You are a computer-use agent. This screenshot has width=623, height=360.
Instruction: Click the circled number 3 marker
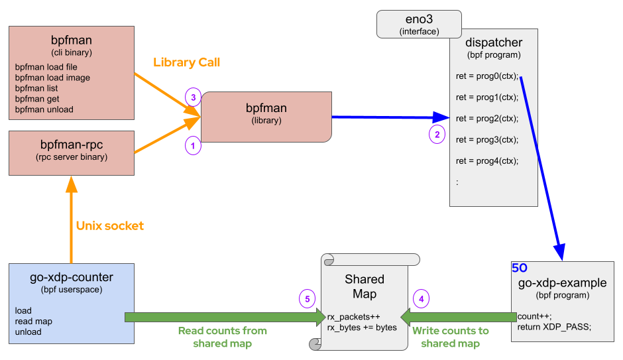193,97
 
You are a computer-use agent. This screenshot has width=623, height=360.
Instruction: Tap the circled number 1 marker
193,145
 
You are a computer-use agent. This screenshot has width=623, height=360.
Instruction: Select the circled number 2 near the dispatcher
436,135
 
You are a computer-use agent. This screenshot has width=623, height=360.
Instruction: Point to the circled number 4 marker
421,298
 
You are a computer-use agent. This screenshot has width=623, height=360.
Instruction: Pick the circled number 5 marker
306,299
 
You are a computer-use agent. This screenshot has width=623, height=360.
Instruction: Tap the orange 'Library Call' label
186,62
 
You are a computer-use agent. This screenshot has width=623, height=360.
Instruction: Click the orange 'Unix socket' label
109,225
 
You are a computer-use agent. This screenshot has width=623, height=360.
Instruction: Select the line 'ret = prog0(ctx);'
487,76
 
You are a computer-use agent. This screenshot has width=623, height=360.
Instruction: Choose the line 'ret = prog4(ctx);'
487,160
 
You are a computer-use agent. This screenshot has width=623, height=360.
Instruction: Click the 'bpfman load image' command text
52,78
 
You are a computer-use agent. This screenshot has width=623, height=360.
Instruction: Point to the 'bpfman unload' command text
44,109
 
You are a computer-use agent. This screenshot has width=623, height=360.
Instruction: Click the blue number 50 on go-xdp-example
520,268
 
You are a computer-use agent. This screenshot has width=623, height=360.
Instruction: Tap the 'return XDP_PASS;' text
553,327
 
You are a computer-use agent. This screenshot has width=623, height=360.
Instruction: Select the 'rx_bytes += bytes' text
362,327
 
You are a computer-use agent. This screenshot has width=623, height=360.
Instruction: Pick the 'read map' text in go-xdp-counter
33,321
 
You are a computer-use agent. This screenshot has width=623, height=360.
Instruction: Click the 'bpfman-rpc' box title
71,145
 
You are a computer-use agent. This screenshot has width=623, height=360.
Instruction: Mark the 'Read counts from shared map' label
222,337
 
